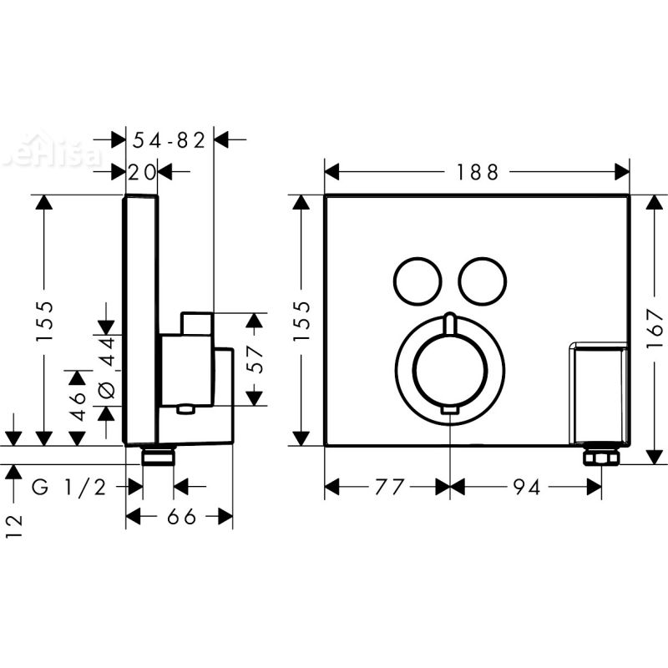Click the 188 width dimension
tap(478, 172)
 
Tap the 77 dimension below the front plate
tap(386, 487)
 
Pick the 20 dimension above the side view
tap(142, 172)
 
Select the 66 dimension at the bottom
tap(178, 517)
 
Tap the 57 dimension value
tap(256, 358)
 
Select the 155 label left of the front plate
tap(302, 320)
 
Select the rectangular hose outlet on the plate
tap(597, 392)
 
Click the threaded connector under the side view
tap(158, 456)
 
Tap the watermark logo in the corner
tap(50, 155)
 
